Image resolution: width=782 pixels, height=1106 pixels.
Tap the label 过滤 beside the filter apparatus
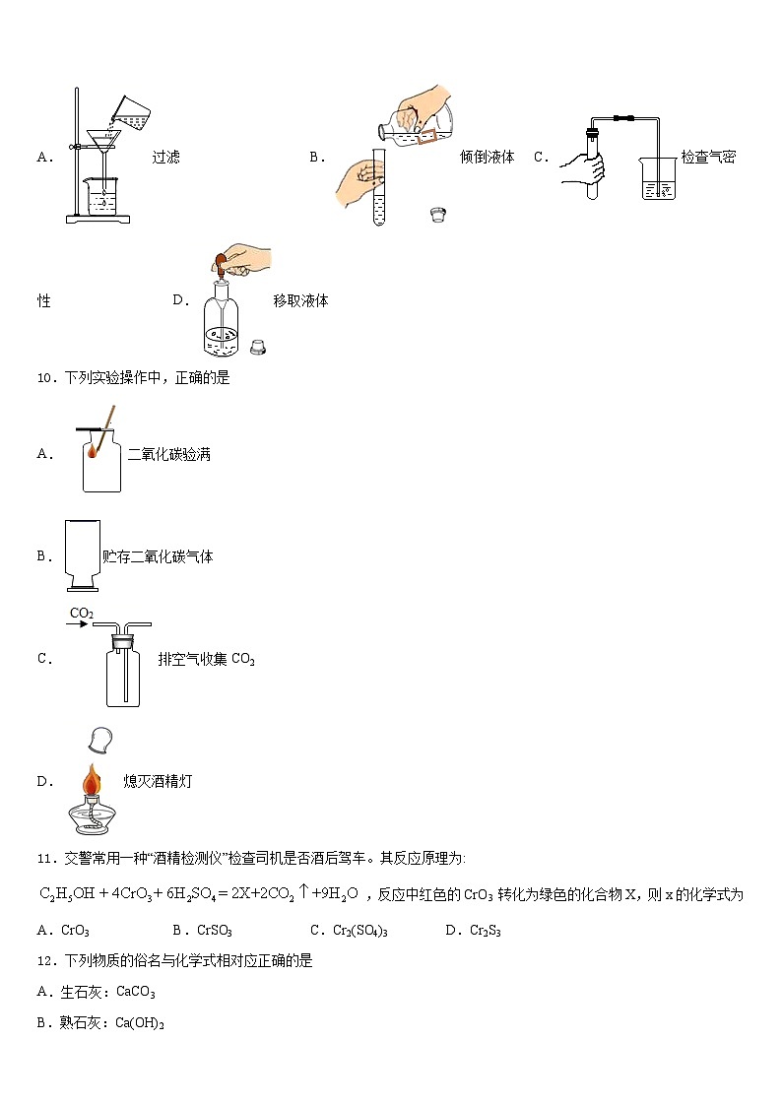[x=165, y=157]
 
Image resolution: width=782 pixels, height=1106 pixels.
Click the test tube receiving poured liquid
[x=378, y=192]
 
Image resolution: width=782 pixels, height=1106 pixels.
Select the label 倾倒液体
[x=487, y=157]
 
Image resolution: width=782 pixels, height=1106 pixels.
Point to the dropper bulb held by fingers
[x=224, y=262]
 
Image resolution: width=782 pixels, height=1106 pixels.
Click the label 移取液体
[x=300, y=300]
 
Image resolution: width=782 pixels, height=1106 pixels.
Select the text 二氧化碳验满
[x=168, y=454]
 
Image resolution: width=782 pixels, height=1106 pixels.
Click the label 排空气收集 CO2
[x=206, y=659]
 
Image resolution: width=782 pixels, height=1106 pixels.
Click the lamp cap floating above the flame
[x=98, y=738]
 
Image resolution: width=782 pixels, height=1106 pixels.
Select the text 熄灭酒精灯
[x=158, y=781]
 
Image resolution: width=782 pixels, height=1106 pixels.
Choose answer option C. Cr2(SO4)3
[x=349, y=930]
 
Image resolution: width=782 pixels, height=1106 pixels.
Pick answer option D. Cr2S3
[x=474, y=930]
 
